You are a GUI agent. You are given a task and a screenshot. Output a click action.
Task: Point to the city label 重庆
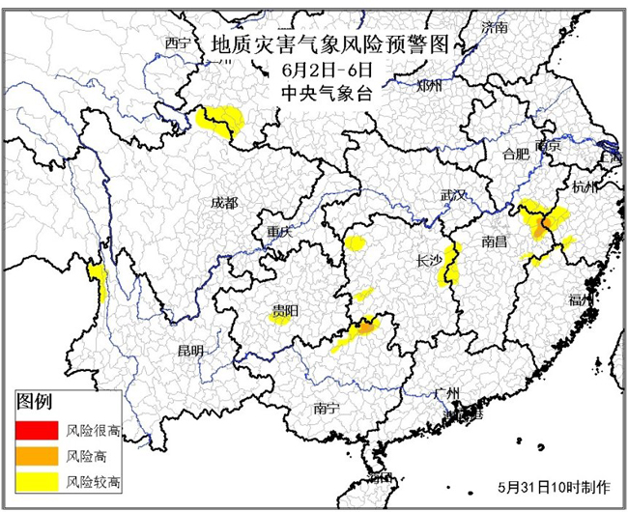point(279,232)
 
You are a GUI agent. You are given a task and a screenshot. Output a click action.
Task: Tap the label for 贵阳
point(284,310)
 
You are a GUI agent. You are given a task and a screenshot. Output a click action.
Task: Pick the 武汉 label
point(454,195)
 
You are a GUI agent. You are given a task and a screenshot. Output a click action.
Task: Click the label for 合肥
point(516,154)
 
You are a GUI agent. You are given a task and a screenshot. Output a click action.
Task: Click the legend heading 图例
point(35,402)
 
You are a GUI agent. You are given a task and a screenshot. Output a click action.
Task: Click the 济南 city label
point(495,25)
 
